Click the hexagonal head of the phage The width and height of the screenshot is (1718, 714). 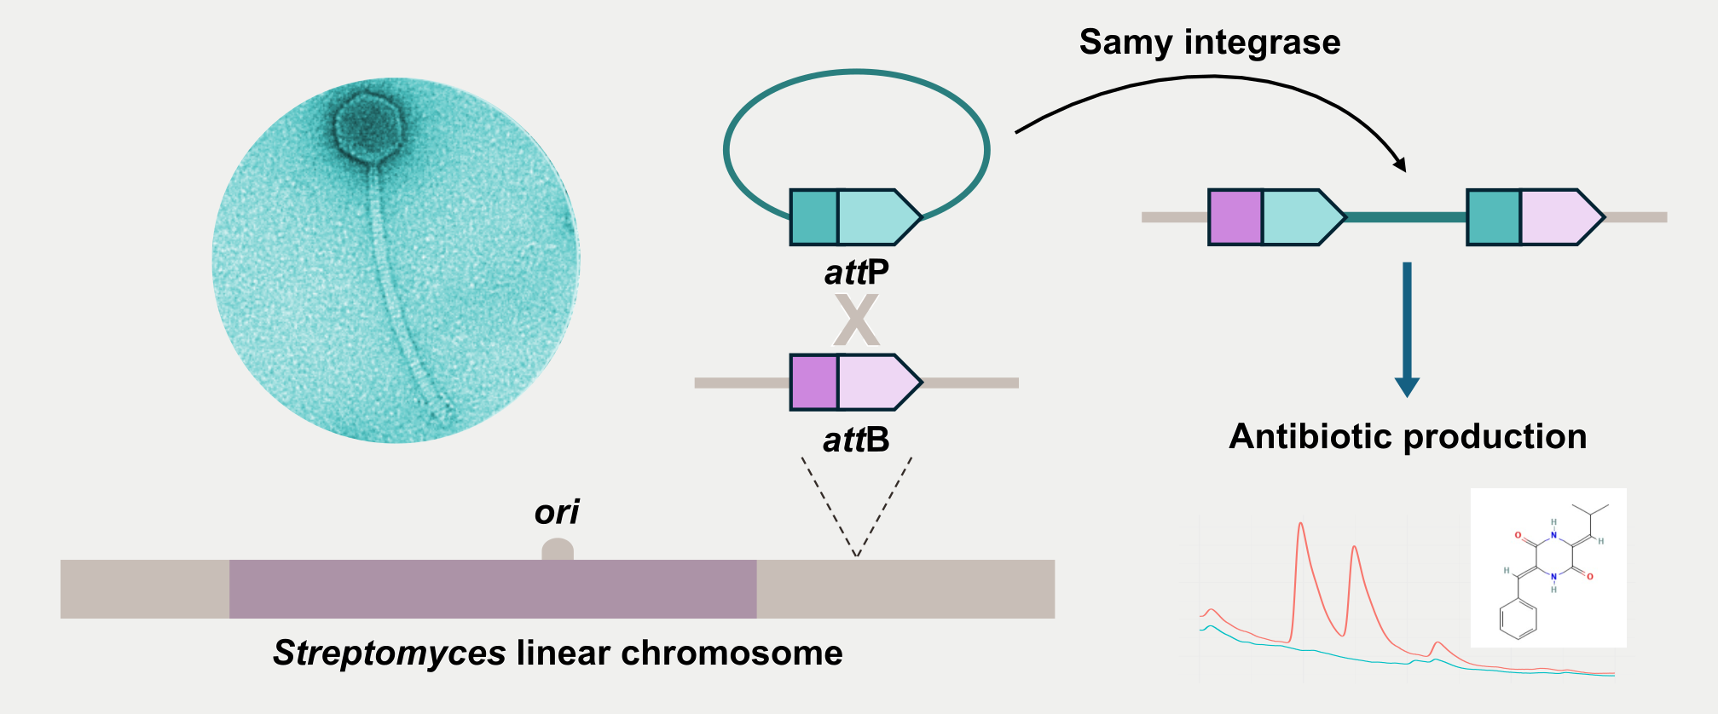tap(367, 126)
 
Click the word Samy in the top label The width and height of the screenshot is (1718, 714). tap(1125, 43)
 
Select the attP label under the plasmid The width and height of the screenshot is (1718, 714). tap(856, 273)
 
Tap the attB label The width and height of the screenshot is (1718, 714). tap(856, 440)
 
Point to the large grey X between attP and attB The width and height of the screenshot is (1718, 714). tap(856, 320)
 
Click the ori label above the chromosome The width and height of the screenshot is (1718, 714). tap(557, 512)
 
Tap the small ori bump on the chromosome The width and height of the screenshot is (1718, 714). tap(558, 550)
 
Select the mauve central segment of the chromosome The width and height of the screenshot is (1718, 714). tap(493, 589)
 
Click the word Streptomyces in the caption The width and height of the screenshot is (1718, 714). tap(390, 654)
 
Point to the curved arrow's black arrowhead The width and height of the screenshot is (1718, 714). tap(1398, 164)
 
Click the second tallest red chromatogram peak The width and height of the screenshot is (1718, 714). tap(1354, 550)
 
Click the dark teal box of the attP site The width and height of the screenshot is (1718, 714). tap(814, 217)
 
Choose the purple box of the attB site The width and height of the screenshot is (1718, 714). tap(814, 383)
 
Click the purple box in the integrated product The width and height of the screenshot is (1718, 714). tap(1235, 217)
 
